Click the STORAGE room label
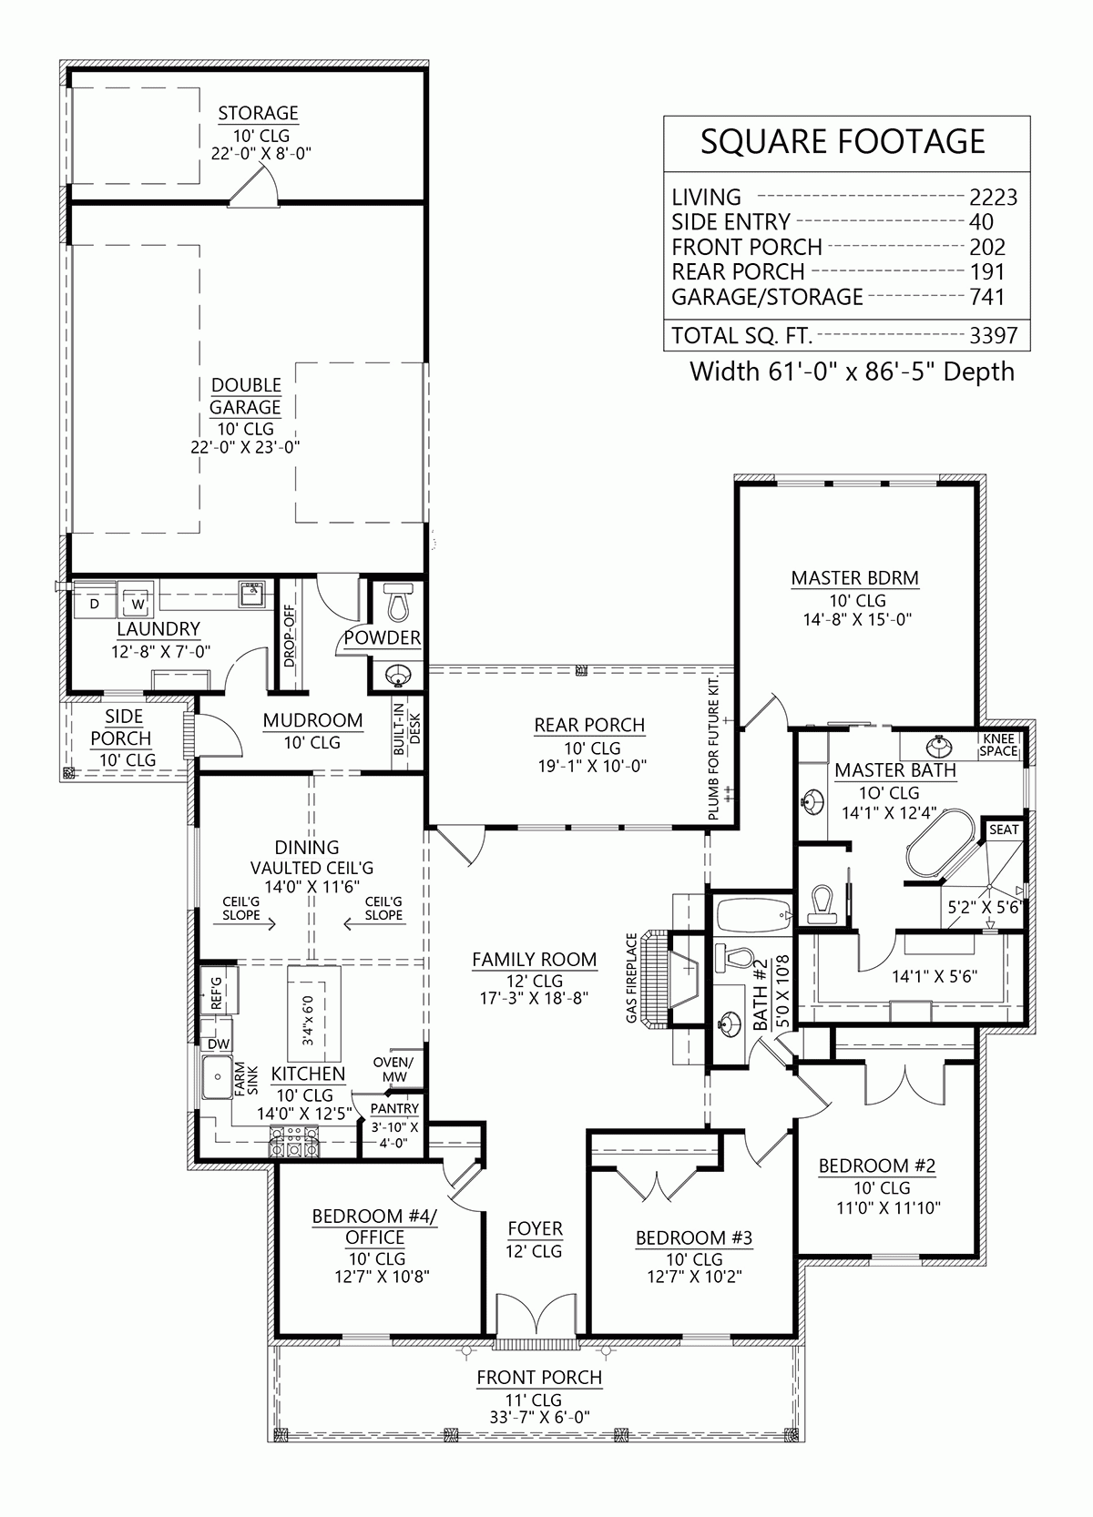click(258, 114)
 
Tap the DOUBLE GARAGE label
click(246, 396)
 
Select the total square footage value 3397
click(993, 336)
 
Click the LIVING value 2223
click(993, 198)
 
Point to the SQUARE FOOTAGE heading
click(843, 142)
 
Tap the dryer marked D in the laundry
click(94, 603)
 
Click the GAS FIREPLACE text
click(631, 977)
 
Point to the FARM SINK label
click(247, 1078)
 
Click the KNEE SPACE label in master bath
click(998, 745)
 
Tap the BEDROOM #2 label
click(876, 1166)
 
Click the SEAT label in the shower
click(1004, 830)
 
